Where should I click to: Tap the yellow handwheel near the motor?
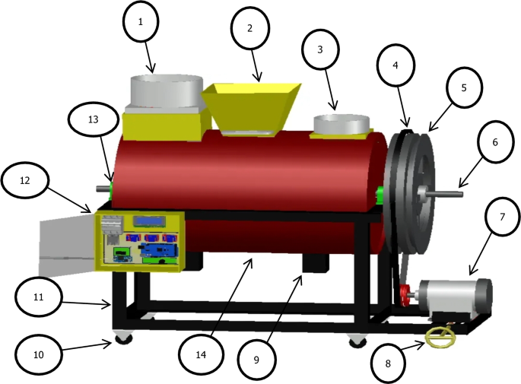437,337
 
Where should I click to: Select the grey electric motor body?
455,297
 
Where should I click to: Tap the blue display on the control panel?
150,221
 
